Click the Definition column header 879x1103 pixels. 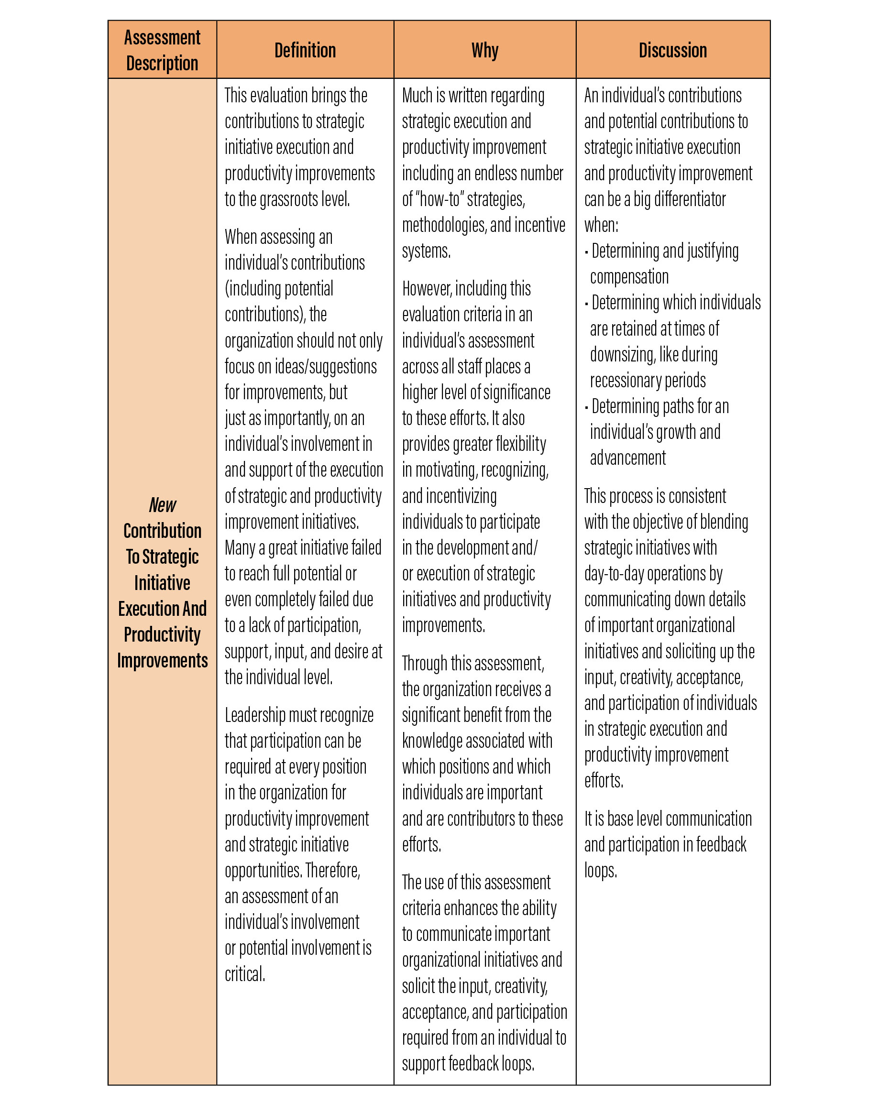click(305, 50)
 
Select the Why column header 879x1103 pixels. click(484, 50)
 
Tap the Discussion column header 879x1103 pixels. click(672, 50)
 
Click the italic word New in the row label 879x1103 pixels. click(162, 505)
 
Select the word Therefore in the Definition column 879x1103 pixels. click(332, 870)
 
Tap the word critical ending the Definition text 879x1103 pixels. click(244, 973)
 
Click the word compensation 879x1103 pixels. click(629, 277)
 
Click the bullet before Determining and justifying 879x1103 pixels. click(586, 251)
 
